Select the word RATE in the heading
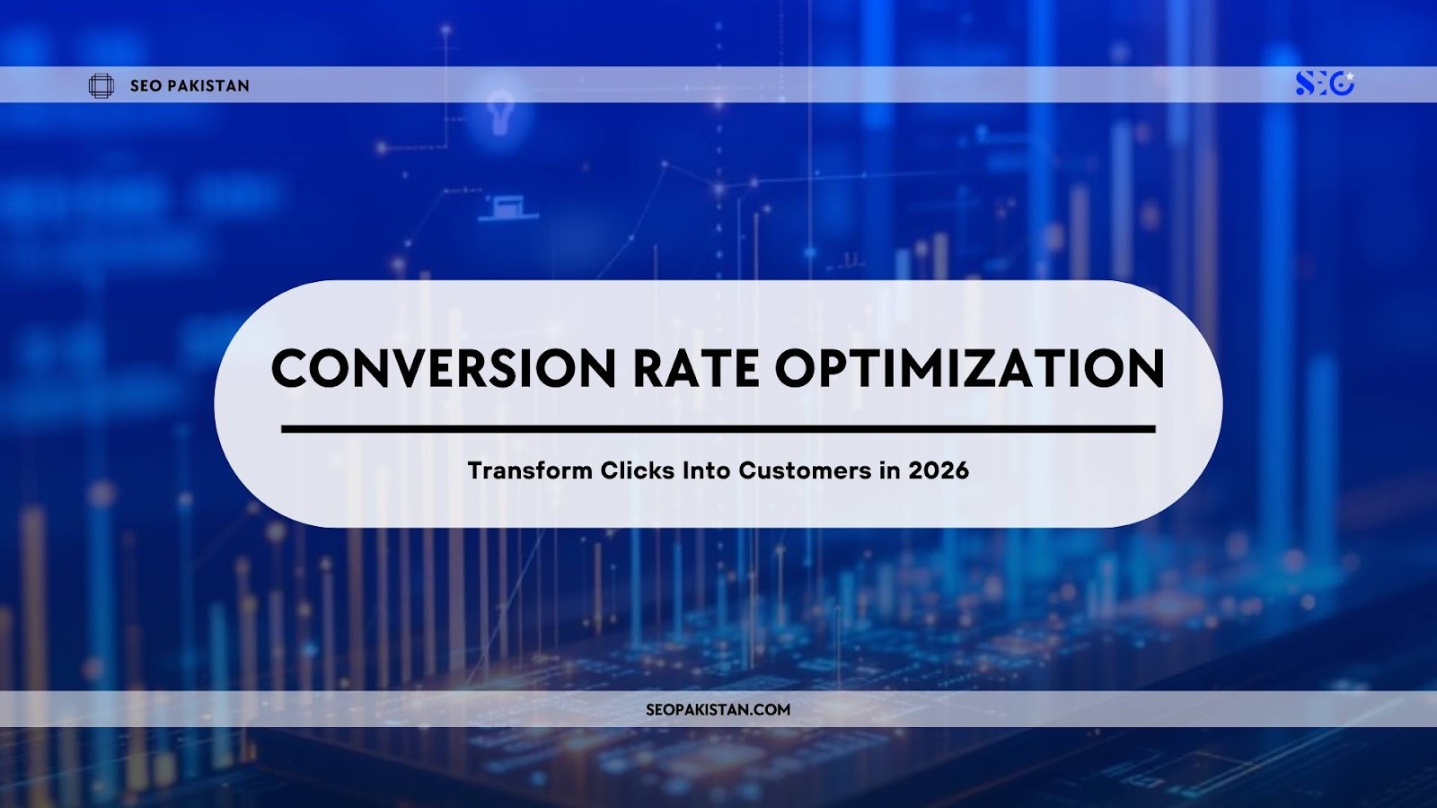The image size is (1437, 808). click(x=695, y=369)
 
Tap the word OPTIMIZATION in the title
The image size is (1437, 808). click(x=970, y=369)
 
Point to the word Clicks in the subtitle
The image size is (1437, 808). click(x=638, y=470)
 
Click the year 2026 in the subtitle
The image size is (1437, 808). click(x=939, y=470)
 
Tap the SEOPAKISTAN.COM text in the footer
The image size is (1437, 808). click(x=718, y=709)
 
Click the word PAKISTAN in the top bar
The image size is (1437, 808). click(x=207, y=86)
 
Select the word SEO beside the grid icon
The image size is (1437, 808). click(x=145, y=86)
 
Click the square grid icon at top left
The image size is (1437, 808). click(x=101, y=86)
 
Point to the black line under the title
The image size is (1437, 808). click(x=718, y=429)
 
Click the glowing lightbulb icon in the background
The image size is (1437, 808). click(x=499, y=115)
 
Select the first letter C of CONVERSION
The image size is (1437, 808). click(x=291, y=369)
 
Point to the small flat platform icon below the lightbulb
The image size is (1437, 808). click(x=508, y=208)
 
